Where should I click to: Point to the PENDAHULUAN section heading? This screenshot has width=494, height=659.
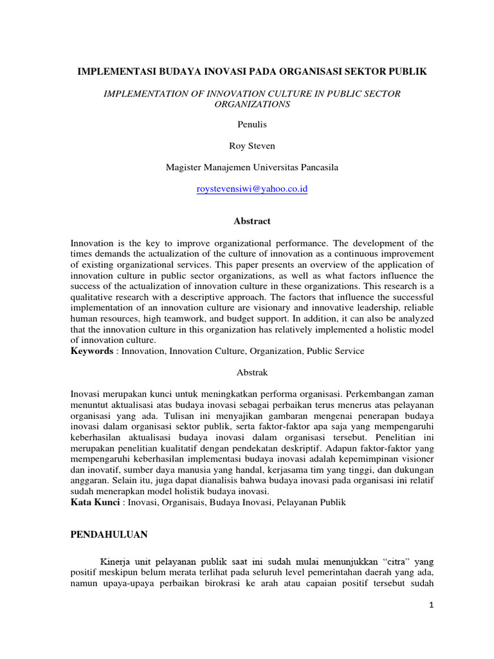pyautogui.click(x=108, y=534)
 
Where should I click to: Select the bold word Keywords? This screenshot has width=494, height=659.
pyautogui.click(x=91, y=351)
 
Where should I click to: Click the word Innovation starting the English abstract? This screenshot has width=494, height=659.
pyautogui.click(x=91, y=243)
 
